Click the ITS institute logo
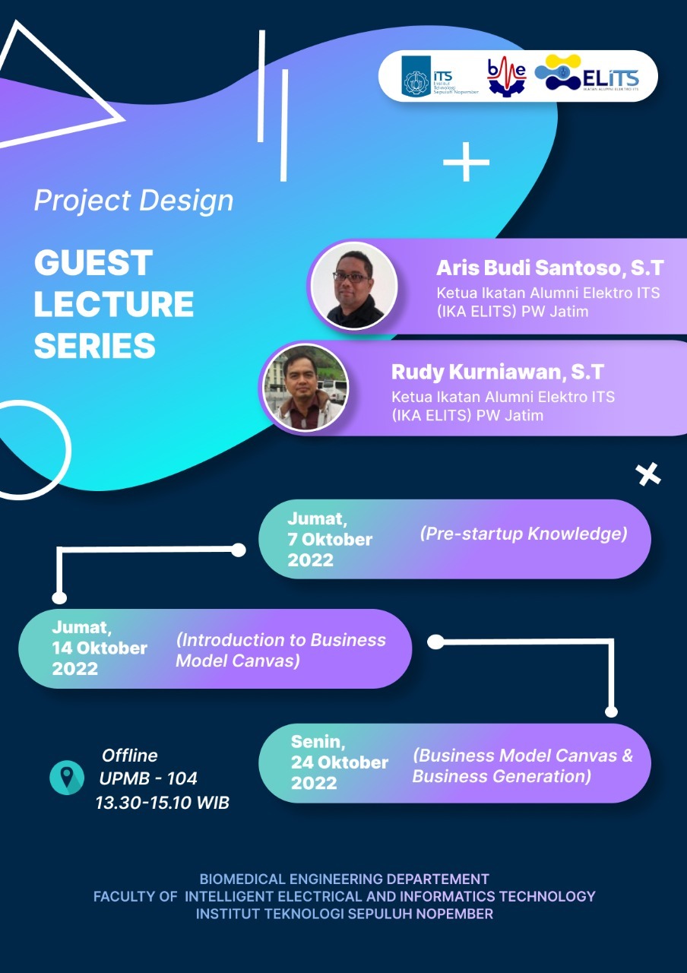(x=439, y=77)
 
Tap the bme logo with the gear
(x=506, y=78)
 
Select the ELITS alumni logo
(x=587, y=73)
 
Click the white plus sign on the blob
(x=466, y=162)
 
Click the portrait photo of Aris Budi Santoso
(x=354, y=285)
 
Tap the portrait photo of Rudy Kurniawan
(x=306, y=388)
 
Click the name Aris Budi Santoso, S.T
(x=549, y=268)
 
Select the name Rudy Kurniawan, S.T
(x=498, y=372)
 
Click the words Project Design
(x=134, y=201)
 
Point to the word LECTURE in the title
(x=114, y=304)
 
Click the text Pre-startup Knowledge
(x=524, y=534)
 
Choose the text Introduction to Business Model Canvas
(x=280, y=650)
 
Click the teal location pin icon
(x=67, y=778)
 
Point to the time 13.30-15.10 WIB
(x=163, y=803)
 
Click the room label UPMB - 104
(x=148, y=778)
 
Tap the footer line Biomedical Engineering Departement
(x=344, y=880)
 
